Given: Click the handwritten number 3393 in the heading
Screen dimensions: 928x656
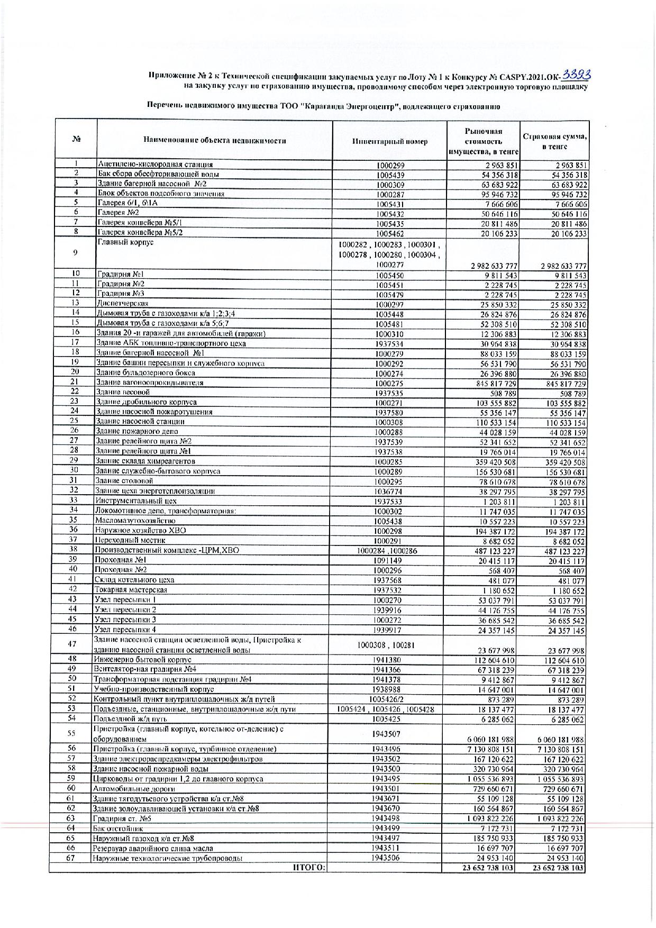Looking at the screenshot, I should click(x=576, y=75).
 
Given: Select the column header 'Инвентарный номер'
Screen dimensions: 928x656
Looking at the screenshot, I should click(x=390, y=141).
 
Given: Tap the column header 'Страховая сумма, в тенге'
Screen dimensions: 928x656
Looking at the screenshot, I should click(x=554, y=141).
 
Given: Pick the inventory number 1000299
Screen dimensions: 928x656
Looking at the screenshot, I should click(x=390, y=165).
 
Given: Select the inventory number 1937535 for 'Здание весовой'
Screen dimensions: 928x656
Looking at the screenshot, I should click(x=389, y=393).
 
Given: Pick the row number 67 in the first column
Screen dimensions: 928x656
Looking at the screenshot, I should click(x=71, y=858).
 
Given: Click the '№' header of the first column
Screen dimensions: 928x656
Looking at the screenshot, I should click(x=76, y=140).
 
